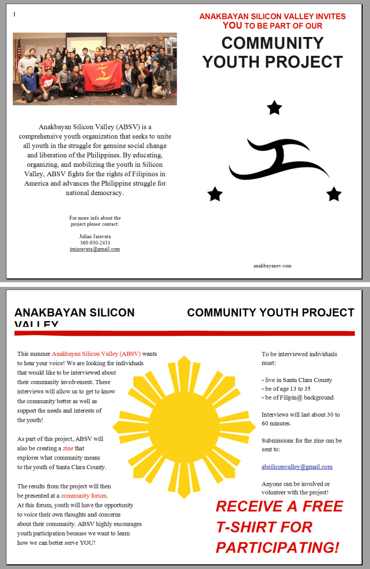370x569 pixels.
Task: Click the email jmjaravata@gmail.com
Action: pos(95,249)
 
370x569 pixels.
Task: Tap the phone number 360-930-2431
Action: pos(95,243)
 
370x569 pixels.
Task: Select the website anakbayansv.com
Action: pos(272,266)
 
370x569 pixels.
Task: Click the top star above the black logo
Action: pos(274,108)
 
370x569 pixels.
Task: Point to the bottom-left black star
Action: pos(215,194)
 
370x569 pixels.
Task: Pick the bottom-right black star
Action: pos(334,194)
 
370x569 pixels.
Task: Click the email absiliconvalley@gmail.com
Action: pos(297,466)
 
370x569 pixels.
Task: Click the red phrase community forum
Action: pos(84,495)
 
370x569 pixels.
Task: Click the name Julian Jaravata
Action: pos(95,236)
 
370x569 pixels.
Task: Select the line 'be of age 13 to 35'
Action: pos(286,389)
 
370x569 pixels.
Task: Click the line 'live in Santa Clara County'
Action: pos(297,380)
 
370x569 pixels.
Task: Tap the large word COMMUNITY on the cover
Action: pos(272,43)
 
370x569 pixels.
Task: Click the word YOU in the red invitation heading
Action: pos(232,26)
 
